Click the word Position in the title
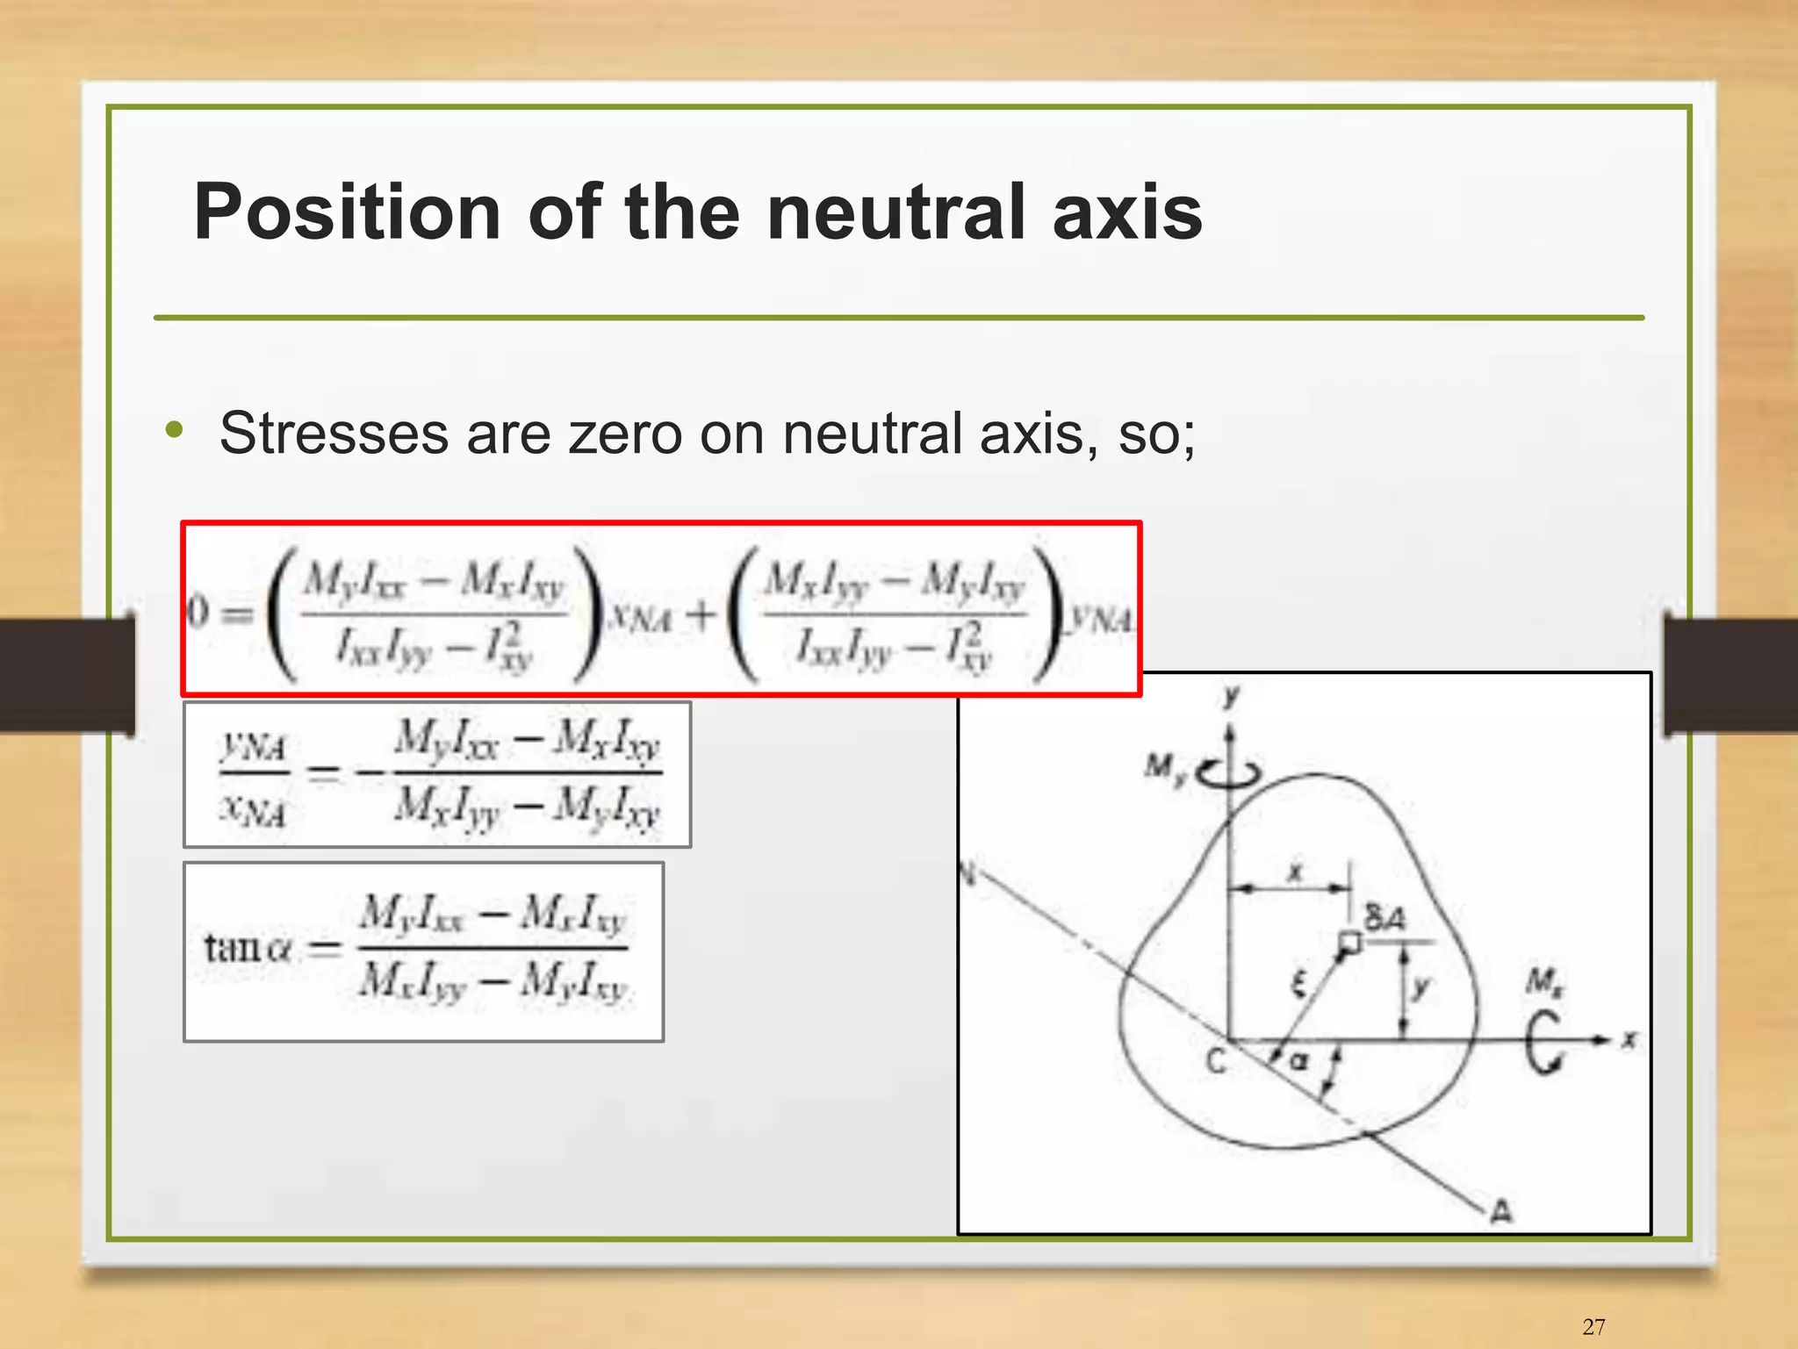coord(347,212)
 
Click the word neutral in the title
coord(896,212)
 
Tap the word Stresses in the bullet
coord(334,434)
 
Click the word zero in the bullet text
coord(624,434)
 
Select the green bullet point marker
coord(175,430)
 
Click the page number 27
coord(1593,1326)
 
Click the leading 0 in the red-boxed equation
coord(198,613)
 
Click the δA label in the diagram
coord(1384,919)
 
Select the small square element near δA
coord(1349,944)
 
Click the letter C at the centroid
coord(1216,1062)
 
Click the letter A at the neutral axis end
coord(1502,1212)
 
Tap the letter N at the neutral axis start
coord(969,874)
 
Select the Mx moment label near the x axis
coord(1543,980)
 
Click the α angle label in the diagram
coord(1298,1061)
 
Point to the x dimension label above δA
coord(1295,872)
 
